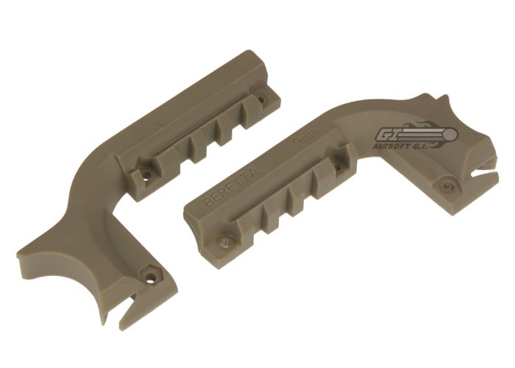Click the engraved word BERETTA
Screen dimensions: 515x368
click(231, 186)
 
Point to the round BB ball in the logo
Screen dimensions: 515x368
click(450, 134)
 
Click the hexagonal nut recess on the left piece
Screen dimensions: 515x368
click(150, 275)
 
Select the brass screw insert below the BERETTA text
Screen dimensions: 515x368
click(224, 242)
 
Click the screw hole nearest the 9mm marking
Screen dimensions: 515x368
click(337, 166)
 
